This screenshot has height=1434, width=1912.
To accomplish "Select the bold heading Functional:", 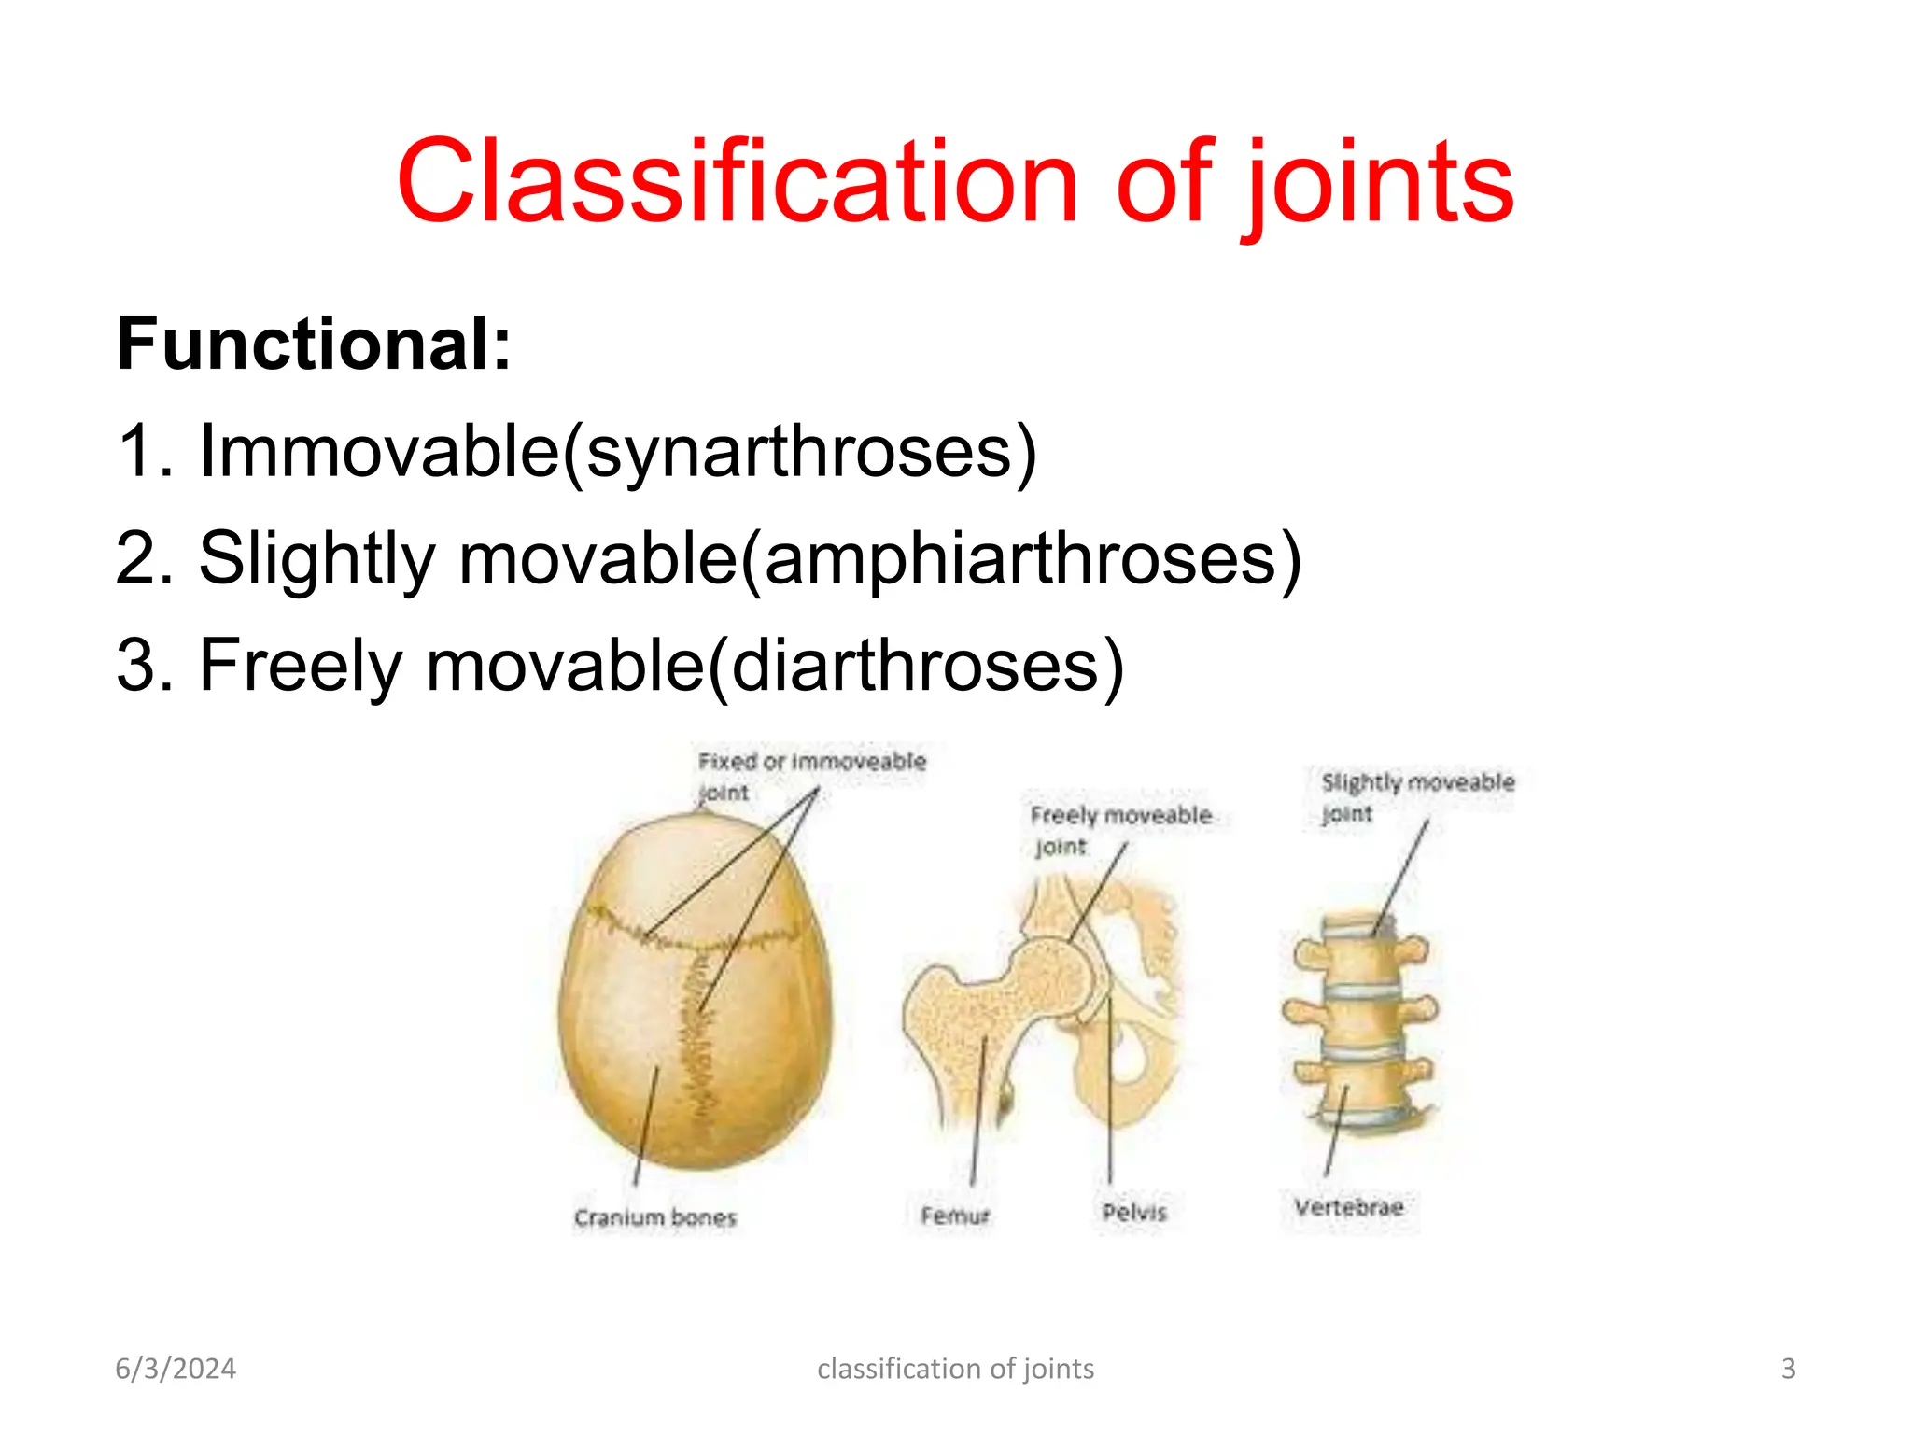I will [314, 344].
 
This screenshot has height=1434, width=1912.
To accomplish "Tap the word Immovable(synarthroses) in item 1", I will [618, 452].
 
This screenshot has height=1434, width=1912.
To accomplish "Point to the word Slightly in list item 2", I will [316, 559].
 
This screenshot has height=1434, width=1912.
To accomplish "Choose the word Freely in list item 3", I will [301, 666].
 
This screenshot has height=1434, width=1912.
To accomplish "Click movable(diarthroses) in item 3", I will [775, 666].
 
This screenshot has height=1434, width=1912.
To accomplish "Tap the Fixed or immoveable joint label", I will [810, 775].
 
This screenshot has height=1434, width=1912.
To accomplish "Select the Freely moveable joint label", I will [1119, 829].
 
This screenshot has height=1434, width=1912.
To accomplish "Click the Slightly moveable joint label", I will [1416, 795].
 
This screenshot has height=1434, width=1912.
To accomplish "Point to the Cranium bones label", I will [655, 1217].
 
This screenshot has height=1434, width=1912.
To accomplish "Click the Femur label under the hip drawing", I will [954, 1216].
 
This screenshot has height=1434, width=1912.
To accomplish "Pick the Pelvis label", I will [1133, 1212].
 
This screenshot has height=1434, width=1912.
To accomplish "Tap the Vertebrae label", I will [1348, 1207].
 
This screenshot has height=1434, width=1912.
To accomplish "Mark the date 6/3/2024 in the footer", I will [176, 1369].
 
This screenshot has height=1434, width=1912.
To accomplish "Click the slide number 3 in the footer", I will [1788, 1369].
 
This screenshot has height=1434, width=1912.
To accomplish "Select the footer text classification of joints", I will [955, 1369].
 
